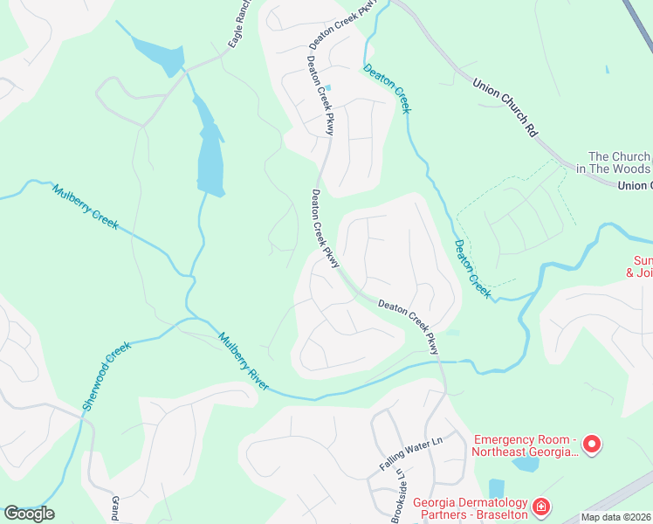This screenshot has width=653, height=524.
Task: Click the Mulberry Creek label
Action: pyautogui.click(x=85, y=207)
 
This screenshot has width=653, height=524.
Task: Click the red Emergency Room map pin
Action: pyautogui.click(x=591, y=445)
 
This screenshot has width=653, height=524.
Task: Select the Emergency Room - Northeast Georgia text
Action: pyautogui.click(x=525, y=445)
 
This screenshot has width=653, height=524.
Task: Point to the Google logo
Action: pyautogui.click(x=29, y=514)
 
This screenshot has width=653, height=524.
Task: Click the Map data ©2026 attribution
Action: pyautogui.click(x=615, y=517)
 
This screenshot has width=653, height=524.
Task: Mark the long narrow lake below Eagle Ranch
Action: pyautogui.click(x=210, y=148)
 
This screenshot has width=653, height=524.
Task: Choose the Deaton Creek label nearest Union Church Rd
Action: pyautogui.click(x=388, y=88)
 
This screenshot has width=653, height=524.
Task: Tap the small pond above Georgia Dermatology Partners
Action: pyautogui.click(x=497, y=487)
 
